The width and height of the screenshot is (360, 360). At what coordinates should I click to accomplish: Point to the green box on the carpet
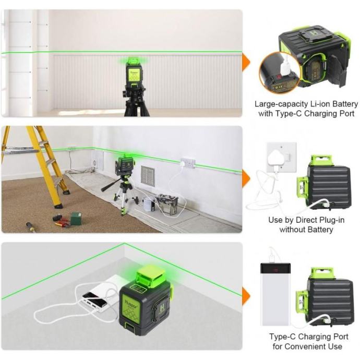76,219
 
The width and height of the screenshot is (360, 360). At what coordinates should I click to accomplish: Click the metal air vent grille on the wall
148,176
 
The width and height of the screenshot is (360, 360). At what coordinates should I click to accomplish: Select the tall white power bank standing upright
275,294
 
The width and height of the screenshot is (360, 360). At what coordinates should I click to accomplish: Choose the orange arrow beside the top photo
246,62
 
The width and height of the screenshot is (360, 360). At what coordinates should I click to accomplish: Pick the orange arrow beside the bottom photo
246,296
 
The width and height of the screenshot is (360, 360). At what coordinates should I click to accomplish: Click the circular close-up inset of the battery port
279,73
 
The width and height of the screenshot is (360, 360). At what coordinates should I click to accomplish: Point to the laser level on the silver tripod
125,165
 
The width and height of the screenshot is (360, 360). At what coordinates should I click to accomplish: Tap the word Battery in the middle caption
320,230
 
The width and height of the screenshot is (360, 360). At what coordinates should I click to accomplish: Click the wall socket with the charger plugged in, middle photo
188,163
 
